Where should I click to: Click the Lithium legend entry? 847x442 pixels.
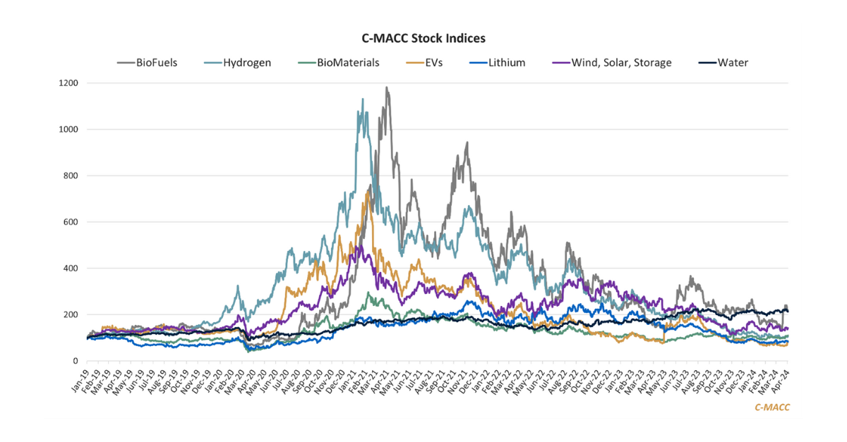tap(497, 63)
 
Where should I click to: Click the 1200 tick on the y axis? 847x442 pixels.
tap(68, 83)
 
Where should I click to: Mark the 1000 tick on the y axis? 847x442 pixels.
tap(68, 130)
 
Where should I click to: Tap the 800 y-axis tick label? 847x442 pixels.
tap(71, 176)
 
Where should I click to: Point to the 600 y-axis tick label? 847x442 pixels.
tap(71, 222)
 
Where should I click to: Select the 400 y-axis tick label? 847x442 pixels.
tap(71, 269)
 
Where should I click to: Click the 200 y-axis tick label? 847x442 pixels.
tap(71, 314)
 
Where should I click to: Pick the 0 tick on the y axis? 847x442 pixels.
tap(75, 361)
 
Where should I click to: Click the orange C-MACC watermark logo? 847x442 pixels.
tap(771, 407)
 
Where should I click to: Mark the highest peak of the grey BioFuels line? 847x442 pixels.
tap(386, 87)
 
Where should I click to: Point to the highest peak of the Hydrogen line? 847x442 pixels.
tap(362, 99)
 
